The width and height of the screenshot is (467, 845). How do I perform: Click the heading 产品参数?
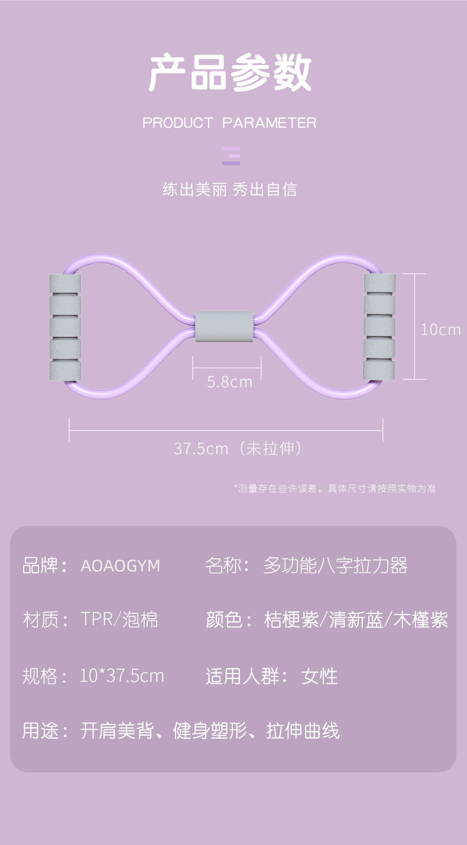[230, 73]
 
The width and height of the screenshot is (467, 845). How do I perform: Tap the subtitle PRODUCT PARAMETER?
[229, 123]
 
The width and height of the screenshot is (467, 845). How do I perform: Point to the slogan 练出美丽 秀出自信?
[229, 190]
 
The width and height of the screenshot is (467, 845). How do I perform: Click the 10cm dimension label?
[440, 329]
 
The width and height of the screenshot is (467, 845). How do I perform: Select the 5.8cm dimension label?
[229, 382]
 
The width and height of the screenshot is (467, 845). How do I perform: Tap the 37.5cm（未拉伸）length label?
[238, 448]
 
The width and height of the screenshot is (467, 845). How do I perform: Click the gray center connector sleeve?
[224, 327]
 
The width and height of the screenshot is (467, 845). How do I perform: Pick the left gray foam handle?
[64, 327]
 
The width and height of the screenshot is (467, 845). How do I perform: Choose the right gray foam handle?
[379, 327]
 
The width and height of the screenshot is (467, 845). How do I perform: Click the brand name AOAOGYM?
[120, 566]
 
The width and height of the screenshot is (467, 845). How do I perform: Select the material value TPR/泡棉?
[119, 620]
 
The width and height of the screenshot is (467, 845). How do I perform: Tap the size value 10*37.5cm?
[121, 675]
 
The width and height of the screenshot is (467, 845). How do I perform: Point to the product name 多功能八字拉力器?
[335, 566]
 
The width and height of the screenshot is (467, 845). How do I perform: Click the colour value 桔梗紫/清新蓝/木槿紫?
[355, 620]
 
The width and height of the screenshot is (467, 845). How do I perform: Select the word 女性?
[319, 676]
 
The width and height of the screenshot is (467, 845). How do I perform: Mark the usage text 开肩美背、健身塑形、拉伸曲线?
[210, 731]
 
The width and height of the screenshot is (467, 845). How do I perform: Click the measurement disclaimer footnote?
[335, 489]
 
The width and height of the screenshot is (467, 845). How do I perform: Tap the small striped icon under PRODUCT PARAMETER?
[231, 155]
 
